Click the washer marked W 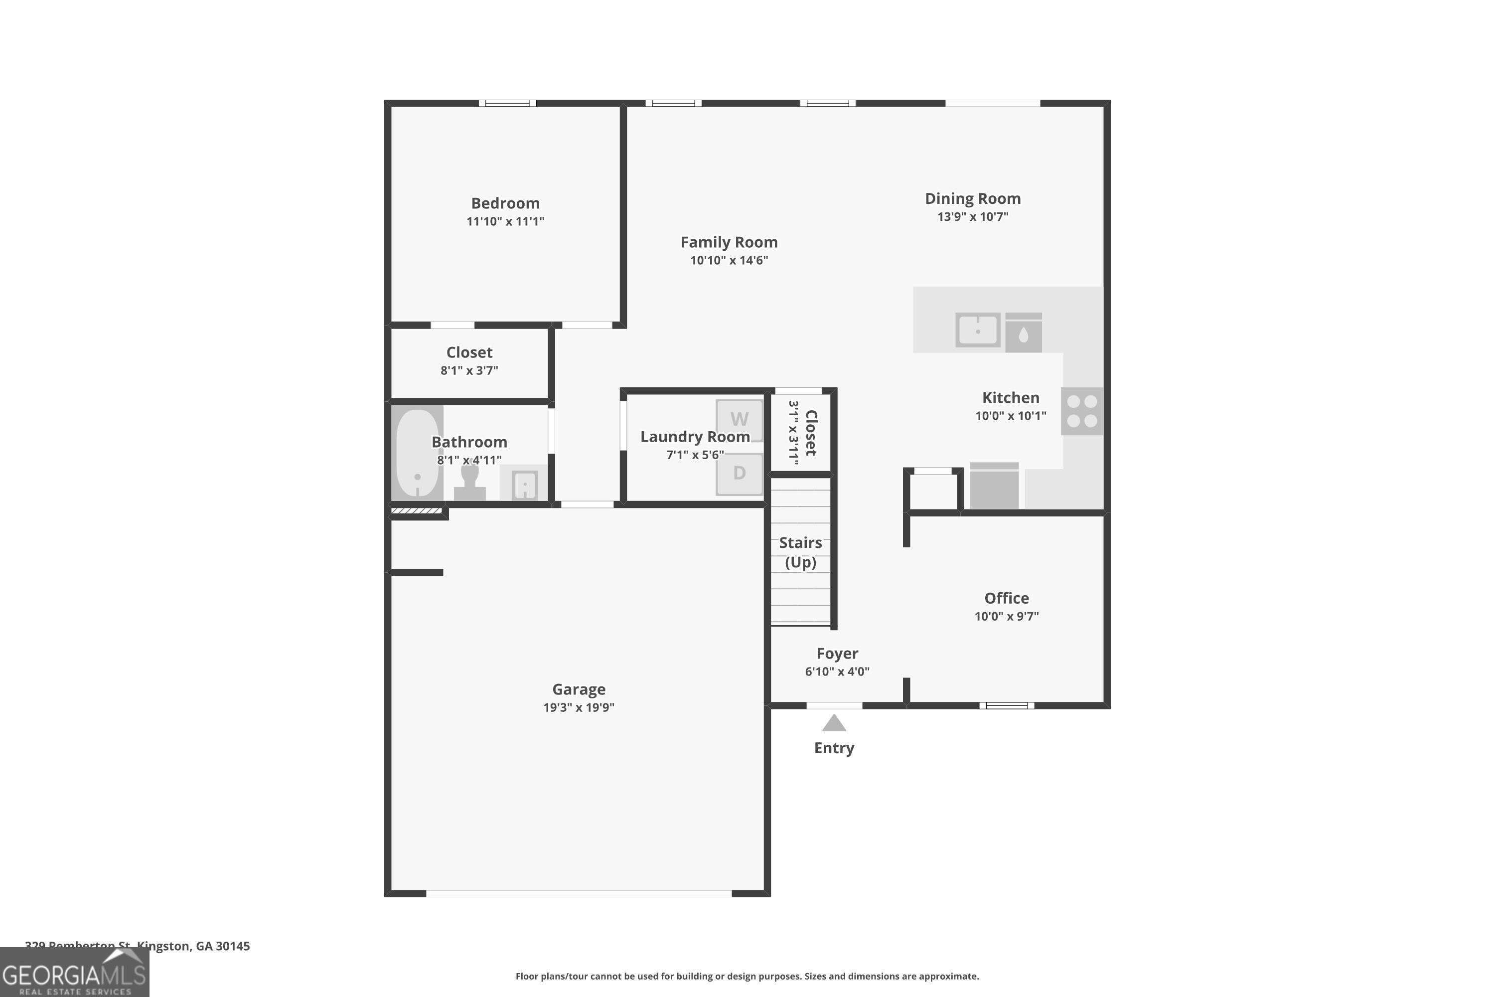click(x=739, y=420)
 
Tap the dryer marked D click(x=739, y=473)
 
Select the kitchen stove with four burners click(x=1082, y=411)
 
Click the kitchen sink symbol click(x=978, y=330)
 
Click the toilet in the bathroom click(x=470, y=483)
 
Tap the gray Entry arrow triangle click(x=834, y=724)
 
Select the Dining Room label click(x=973, y=198)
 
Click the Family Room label click(x=729, y=242)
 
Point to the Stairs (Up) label click(x=800, y=552)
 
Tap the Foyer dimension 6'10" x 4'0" click(x=837, y=671)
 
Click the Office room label click(x=1006, y=598)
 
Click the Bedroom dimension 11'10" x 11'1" click(x=505, y=221)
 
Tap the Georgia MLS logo click(x=74, y=973)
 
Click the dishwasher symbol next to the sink click(x=1024, y=332)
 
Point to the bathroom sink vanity click(x=524, y=485)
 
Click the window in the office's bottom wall click(x=1006, y=705)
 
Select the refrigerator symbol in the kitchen click(x=994, y=487)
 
